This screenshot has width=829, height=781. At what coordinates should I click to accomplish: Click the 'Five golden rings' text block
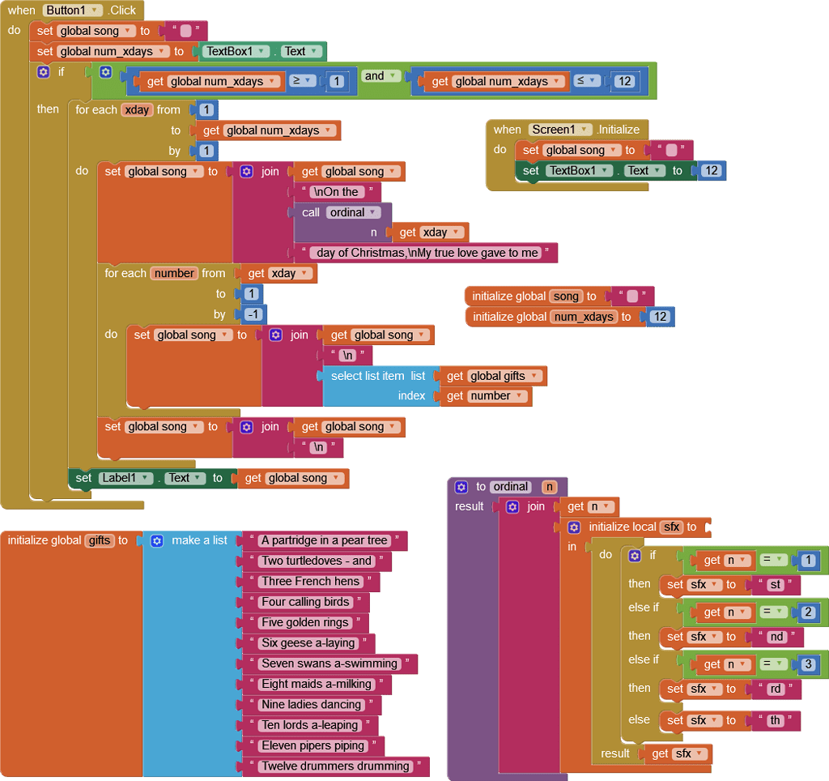(304, 623)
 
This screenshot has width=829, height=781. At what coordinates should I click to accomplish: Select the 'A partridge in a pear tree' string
(324, 540)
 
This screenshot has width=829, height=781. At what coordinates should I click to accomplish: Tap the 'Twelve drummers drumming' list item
(335, 766)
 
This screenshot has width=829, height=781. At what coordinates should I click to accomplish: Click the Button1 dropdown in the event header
(73, 11)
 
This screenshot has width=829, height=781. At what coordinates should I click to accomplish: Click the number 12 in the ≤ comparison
(623, 81)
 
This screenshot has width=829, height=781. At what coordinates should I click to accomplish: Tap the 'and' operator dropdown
(381, 76)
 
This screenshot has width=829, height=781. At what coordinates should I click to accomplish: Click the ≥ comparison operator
(301, 81)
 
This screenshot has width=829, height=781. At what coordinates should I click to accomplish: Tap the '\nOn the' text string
(334, 192)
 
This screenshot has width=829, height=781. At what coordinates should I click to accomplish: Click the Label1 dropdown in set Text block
(125, 478)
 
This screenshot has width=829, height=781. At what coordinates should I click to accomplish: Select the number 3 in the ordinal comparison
(808, 664)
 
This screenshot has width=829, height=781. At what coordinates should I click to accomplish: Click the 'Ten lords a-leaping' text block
(308, 725)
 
